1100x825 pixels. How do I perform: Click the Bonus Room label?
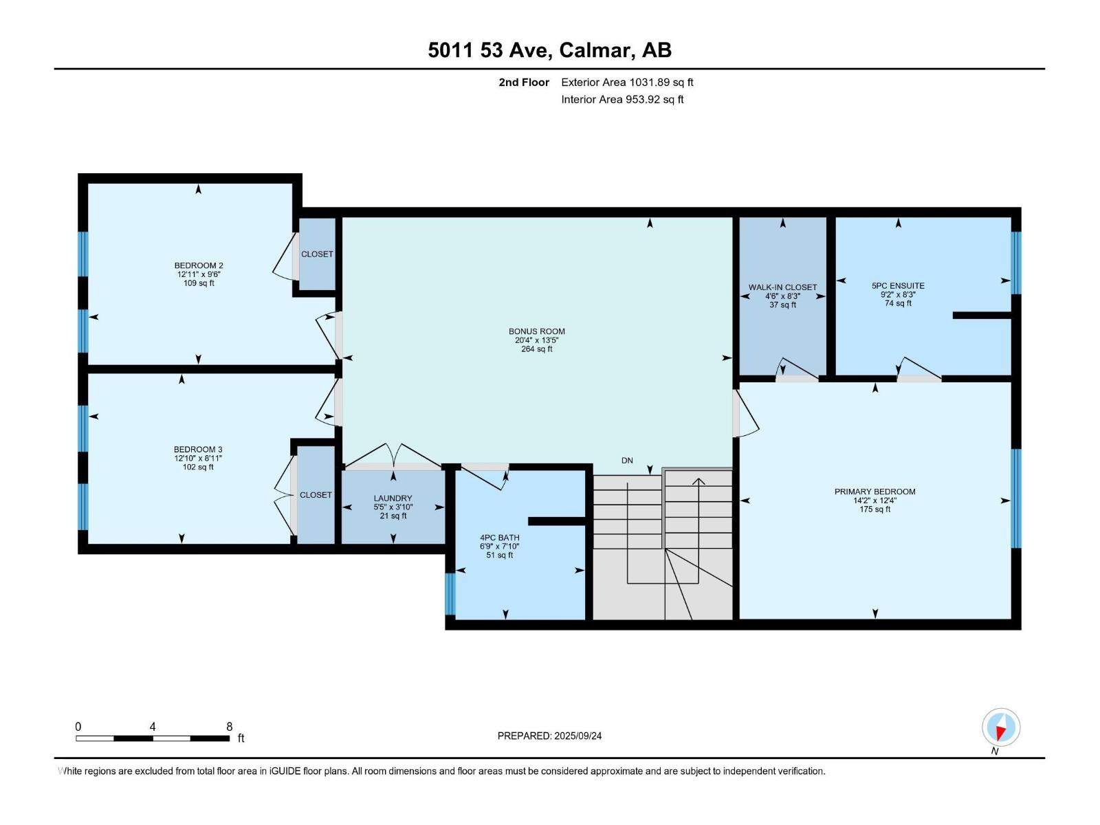click(536, 331)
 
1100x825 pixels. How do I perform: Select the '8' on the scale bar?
click(229, 727)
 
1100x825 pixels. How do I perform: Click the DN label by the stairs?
click(627, 461)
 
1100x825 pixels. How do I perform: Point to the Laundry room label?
click(393, 498)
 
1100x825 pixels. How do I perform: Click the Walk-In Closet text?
click(782, 287)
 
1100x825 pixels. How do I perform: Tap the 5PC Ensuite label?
click(898, 285)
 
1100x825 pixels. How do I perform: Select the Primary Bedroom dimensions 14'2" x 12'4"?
click(874, 500)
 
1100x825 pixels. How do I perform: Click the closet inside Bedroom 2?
click(317, 254)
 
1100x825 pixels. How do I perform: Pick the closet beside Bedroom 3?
click(316, 495)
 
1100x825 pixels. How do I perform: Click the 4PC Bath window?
click(450, 594)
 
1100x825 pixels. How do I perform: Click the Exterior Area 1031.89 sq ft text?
click(627, 82)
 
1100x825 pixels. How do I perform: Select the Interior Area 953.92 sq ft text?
click(622, 100)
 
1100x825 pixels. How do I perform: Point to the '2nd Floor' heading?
click(524, 82)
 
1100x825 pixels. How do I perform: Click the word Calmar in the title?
click(595, 50)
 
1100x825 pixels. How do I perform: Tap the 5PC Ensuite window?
click(1016, 263)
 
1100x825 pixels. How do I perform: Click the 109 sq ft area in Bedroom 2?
click(199, 283)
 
